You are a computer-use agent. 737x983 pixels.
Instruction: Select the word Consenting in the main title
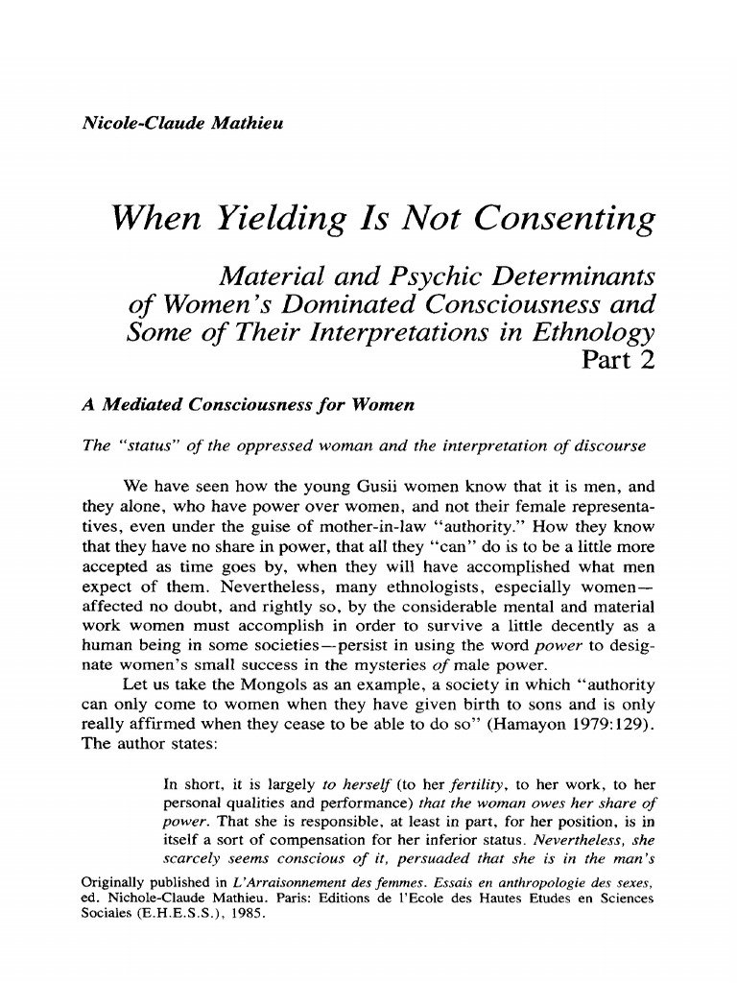[x=561, y=220]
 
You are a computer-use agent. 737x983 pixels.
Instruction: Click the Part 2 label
[x=618, y=361]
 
